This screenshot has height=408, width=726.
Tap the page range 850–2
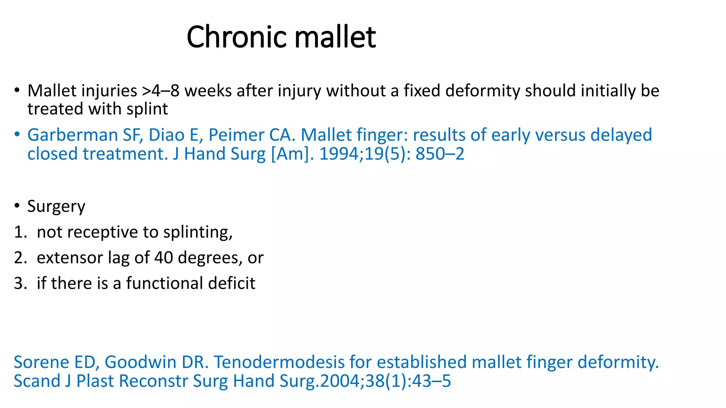[440, 154]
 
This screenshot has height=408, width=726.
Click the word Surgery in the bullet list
[56, 206]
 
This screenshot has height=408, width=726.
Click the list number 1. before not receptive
[20, 232]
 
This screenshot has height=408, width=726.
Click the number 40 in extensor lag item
[163, 258]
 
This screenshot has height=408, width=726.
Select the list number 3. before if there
[20, 283]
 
